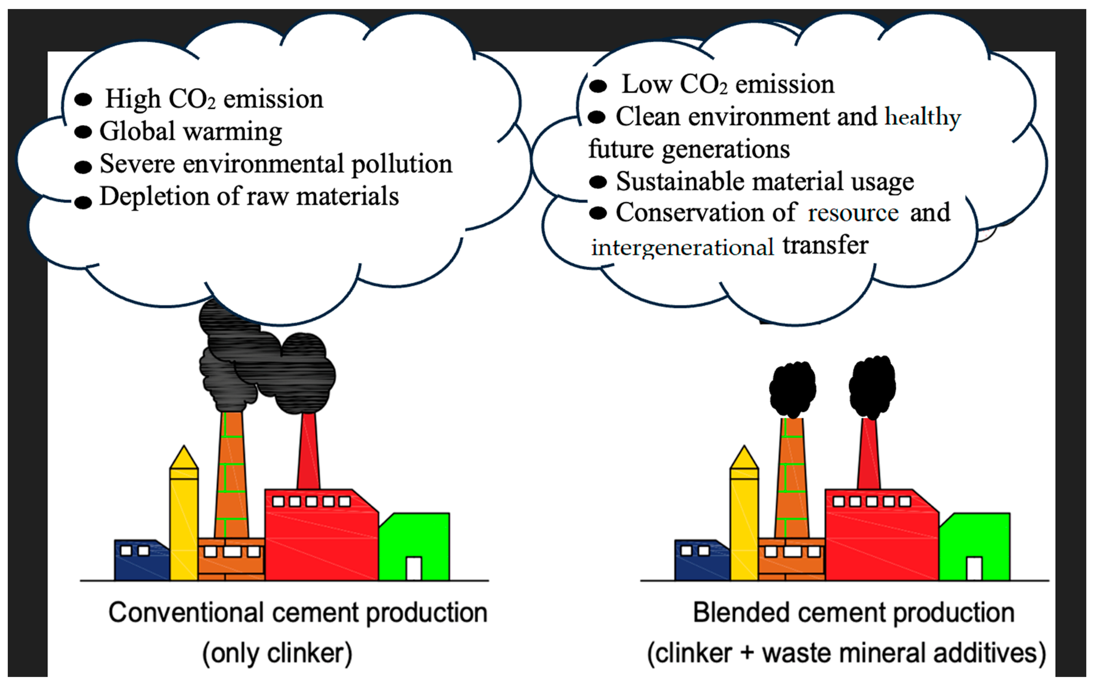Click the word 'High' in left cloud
point(133,99)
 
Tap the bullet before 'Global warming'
point(83,132)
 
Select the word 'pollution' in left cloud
point(402,165)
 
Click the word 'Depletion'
point(154,197)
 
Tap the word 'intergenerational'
point(682,247)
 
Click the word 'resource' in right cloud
point(853,213)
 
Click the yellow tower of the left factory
point(184,523)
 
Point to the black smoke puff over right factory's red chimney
point(872,387)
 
